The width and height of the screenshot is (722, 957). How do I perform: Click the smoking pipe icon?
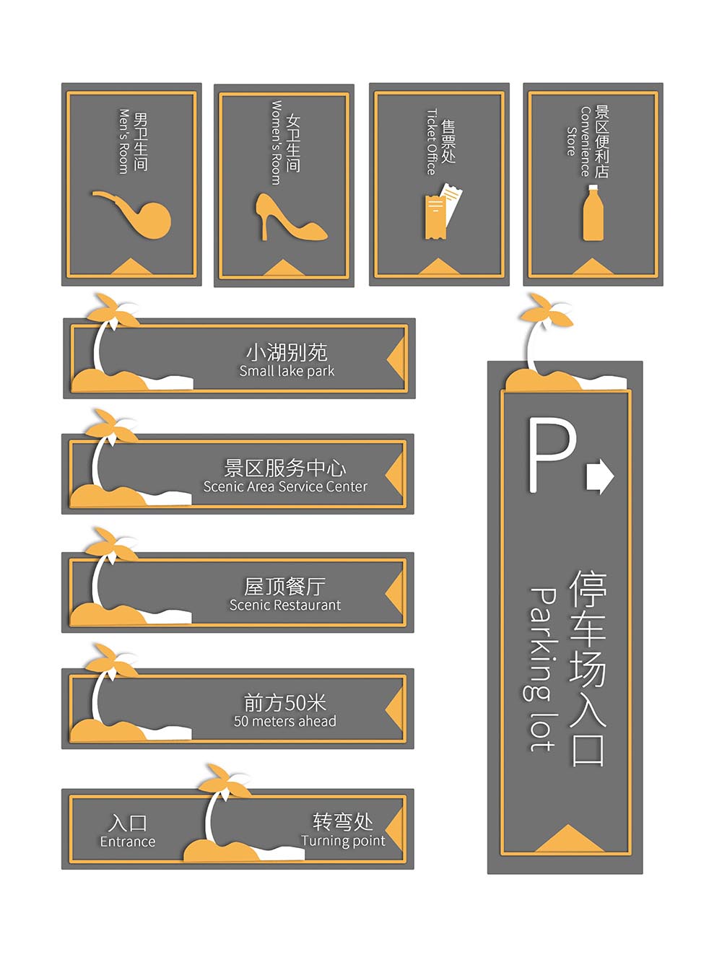139,217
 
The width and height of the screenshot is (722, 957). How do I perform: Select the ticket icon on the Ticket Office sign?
443,211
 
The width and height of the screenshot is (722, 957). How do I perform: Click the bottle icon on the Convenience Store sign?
593,212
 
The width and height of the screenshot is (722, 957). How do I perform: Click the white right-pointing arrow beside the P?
599,476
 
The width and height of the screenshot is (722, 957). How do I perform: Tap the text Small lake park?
287,371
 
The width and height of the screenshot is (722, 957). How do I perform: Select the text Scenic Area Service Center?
285,486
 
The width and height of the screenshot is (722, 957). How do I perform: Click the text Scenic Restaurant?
284,605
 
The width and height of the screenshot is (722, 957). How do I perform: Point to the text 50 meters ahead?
284,721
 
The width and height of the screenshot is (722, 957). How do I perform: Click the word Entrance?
127,841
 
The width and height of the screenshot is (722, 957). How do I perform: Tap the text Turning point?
343,841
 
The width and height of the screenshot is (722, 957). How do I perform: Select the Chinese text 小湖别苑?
287,352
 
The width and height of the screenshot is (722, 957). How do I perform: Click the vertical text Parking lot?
542,669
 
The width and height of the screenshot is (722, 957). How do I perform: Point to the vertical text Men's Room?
124,141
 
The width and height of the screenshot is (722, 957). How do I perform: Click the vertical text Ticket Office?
432,141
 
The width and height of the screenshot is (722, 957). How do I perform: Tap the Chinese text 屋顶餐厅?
284,586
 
